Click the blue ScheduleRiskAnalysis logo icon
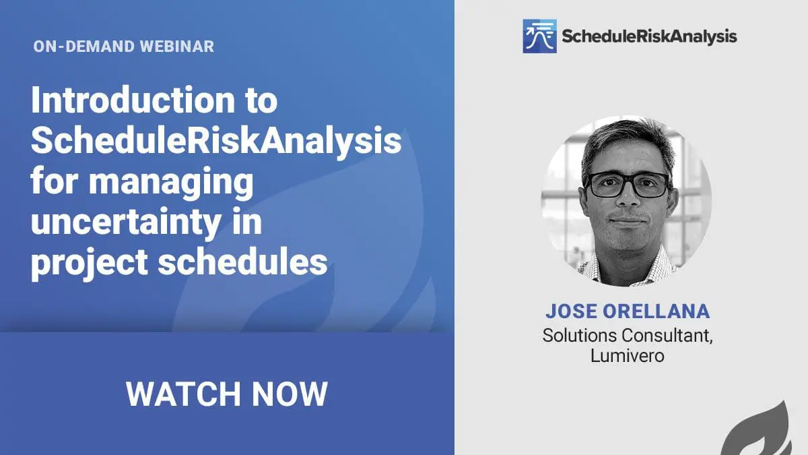(x=539, y=36)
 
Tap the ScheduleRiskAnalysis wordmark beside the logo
(x=649, y=37)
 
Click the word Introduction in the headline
(x=133, y=100)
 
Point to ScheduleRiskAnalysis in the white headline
(x=216, y=141)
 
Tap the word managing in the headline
(x=171, y=183)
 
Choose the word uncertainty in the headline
(x=127, y=222)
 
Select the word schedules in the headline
(x=243, y=262)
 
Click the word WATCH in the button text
(x=183, y=394)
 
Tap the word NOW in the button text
(x=290, y=394)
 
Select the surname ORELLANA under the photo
(x=656, y=311)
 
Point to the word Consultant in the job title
(x=667, y=336)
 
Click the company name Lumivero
(x=628, y=356)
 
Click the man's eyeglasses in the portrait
(x=628, y=185)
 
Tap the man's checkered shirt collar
(x=628, y=267)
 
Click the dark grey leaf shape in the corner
(x=761, y=431)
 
